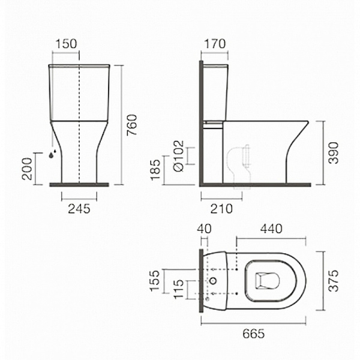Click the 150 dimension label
[x=66, y=44]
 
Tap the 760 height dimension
[x=132, y=125]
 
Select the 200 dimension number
[x=27, y=169]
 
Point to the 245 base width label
[x=79, y=209]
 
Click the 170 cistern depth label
[x=215, y=44]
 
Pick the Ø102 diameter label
[x=179, y=156]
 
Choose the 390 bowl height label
[x=334, y=153]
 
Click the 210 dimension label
[x=221, y=209]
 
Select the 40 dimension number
[x=205, y=229]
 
